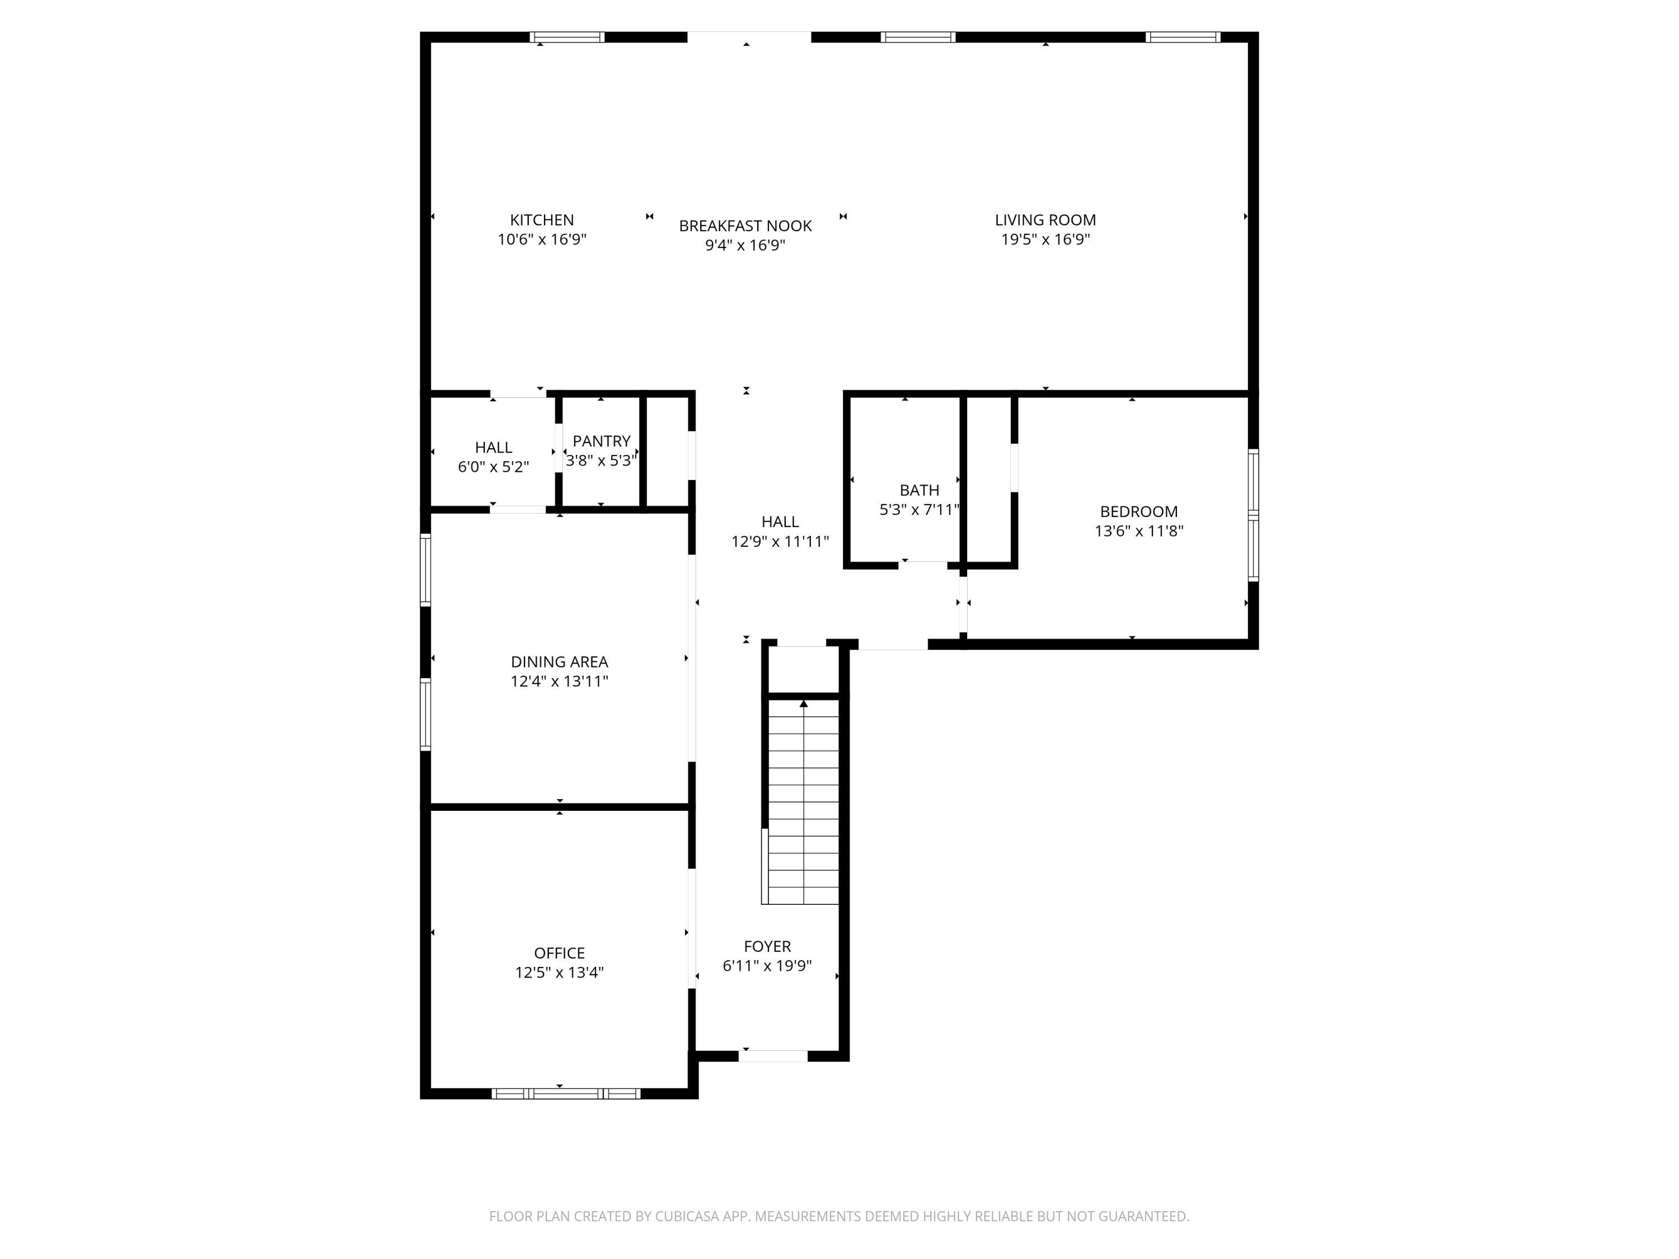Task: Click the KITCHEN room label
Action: click(x=541, y=220)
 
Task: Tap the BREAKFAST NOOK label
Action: click(x=745, y=226)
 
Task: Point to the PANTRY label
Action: click(x=601, y=441)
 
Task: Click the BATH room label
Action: click(x=919, y=490)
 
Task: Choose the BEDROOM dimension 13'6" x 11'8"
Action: click(x=1138, y=531)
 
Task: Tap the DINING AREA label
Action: click(x=560, y=662)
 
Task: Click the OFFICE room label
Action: click(x=560, y=953)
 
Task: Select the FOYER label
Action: click(x=767, y=946)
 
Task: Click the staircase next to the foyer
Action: click(x=803, y=801)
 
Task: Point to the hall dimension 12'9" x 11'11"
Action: click(x=780, y=542)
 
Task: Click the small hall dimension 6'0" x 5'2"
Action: click(x=494, y=467)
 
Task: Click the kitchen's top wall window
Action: click(x=567, y=37)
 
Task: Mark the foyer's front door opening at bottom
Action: click(x=773, y=1056)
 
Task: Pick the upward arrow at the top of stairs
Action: click(x=803, y=703)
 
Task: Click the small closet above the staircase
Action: click(x=803, y=669)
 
